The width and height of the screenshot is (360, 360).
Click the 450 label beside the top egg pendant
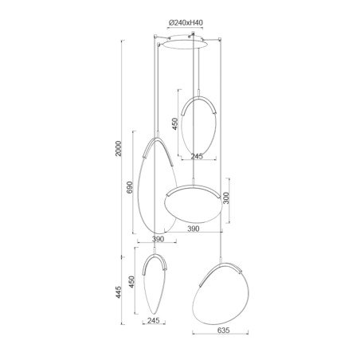174,124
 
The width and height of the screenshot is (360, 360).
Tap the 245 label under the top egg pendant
198,156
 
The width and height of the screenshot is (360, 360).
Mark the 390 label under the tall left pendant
157,239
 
